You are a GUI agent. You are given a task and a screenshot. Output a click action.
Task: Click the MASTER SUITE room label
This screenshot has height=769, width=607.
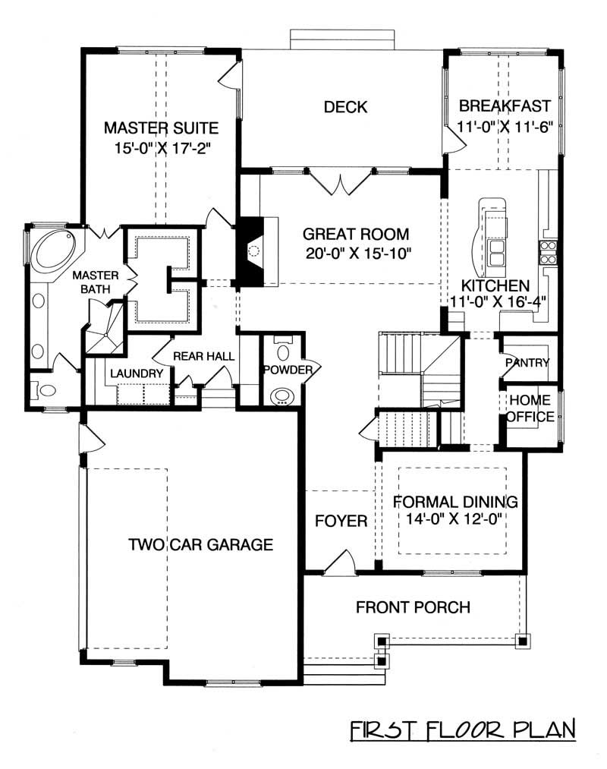(x=161, y=127)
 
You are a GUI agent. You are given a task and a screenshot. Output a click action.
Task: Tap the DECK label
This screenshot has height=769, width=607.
(x=345, y=107)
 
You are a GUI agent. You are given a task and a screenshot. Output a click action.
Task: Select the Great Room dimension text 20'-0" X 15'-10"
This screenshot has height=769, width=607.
(x=356, y=253)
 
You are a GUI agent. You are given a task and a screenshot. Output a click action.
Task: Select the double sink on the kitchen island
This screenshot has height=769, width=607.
(x=497, y=253)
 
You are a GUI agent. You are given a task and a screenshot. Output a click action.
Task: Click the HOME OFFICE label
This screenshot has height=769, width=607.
(x=530, y=408)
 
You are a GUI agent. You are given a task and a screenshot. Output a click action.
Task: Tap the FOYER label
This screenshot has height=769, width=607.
(x=341, y=522)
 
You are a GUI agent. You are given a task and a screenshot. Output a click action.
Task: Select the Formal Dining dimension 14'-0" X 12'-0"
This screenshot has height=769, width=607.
(x=451, y=519)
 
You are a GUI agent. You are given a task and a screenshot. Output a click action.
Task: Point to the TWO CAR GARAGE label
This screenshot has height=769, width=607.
(x=200, y=544)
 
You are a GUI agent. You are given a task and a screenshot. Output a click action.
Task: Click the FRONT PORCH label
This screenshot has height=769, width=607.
(x=413, y=607)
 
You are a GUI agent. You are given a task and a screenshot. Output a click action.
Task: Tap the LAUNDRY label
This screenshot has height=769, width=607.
(x=137, y=373)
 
